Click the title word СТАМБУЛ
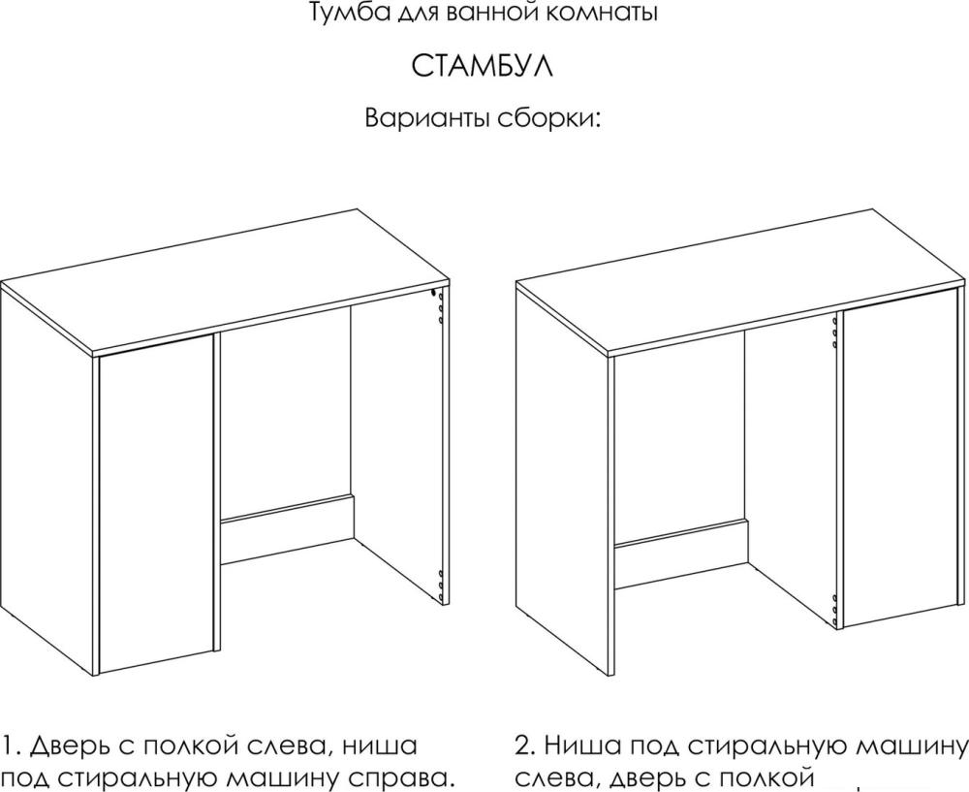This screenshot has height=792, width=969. [482, 66]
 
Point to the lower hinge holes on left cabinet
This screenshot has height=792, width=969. [440, 585]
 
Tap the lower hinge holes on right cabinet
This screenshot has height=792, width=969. [835, 609]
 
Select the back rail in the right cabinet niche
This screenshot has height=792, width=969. [681, 554]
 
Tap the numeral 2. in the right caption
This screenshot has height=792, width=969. [526, 744]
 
